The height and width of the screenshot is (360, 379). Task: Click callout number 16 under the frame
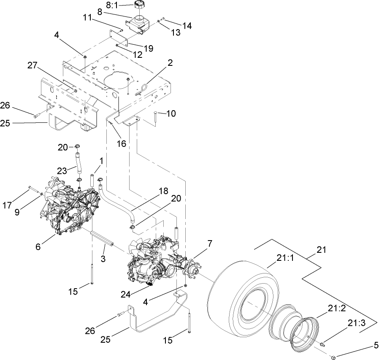(121, 143)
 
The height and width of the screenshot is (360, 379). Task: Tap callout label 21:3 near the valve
(357, 323)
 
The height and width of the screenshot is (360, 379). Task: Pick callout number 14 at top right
(187, 25)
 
